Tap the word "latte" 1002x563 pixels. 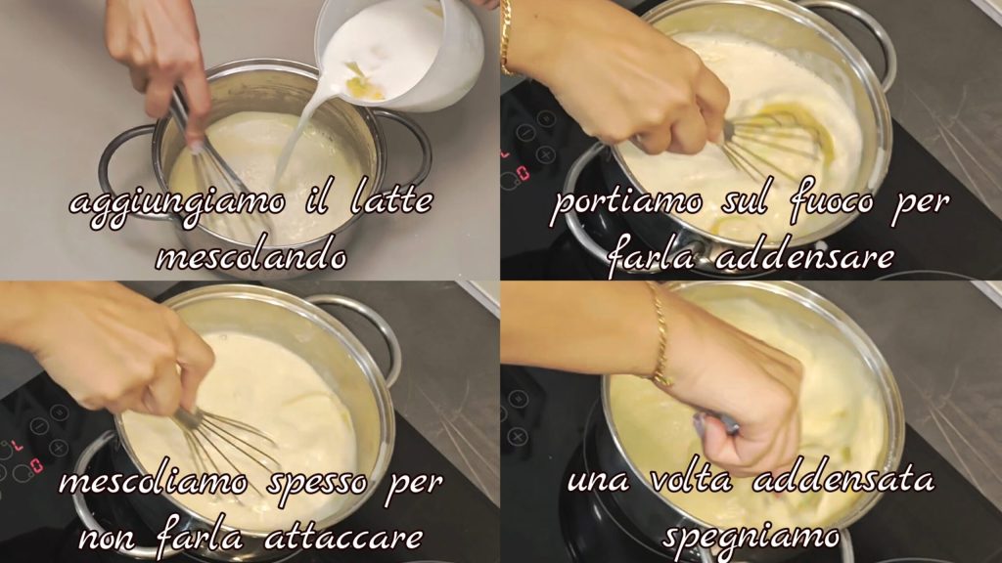(391, 200)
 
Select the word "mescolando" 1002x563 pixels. (251, 257)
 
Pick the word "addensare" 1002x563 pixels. (804, 256)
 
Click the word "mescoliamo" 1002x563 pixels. (153, 483)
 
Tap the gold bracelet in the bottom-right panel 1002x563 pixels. (660, 335)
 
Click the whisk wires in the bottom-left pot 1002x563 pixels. (220, 447)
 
